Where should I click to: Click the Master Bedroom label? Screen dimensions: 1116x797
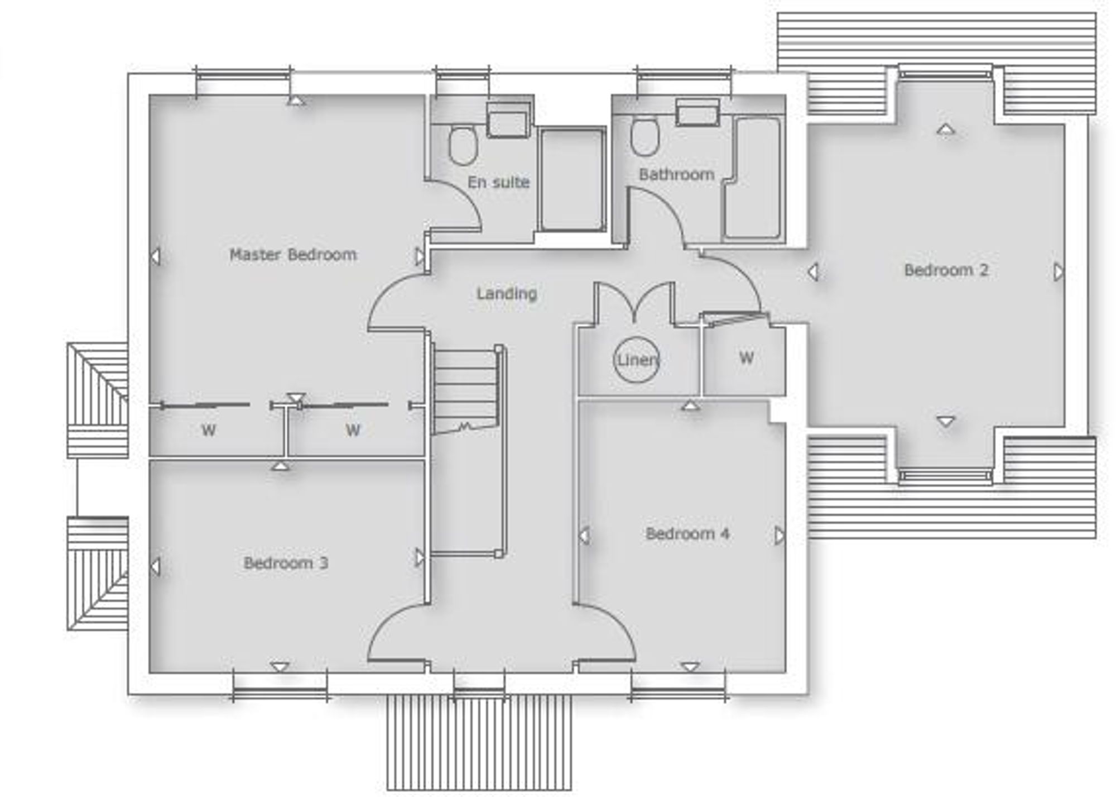293,255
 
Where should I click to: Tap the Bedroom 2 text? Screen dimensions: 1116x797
946,270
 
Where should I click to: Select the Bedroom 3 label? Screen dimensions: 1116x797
286,563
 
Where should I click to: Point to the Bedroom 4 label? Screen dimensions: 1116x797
687,534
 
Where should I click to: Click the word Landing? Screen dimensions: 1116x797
507,294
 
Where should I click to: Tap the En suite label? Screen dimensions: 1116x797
498,182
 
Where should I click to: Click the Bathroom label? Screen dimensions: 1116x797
676,175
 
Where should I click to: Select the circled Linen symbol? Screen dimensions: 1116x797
637,360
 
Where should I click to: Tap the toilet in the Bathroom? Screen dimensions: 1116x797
644,139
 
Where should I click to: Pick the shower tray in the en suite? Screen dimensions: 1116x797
572,179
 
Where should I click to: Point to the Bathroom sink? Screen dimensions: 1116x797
697,112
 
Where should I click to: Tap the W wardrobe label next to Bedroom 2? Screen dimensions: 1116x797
747,357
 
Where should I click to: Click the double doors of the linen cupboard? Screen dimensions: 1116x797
634,302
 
